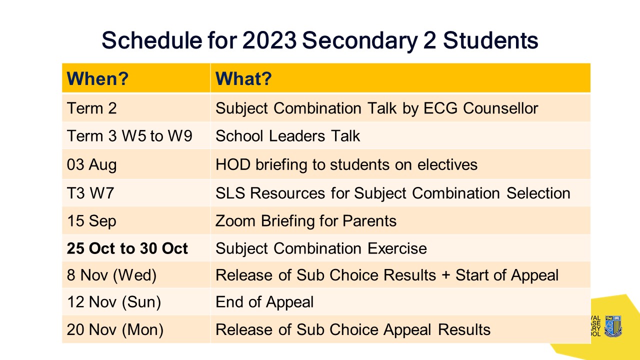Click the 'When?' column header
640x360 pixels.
(x=98, y=78)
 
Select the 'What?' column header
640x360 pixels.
(x=243, y=78)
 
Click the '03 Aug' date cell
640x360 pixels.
(x=91, y=164)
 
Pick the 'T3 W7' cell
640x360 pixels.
(x=90, y=193)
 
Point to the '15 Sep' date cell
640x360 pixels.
(x=91, y=221)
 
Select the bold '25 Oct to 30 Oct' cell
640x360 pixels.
(x=127, y=248)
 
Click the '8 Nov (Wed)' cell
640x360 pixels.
(x=111, y=275)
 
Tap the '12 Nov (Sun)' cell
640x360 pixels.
(x=114, y=302)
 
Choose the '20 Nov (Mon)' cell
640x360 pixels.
(x=115, y=330)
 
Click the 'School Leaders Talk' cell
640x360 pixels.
(x=287, y=136)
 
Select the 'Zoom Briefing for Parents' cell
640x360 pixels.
(x=306, y=221)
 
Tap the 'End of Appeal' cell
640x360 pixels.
(x=264, y=302)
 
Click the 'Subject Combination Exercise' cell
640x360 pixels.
(x=321, y=248)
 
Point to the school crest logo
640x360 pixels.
(x=613, y=325)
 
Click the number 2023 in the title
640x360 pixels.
(x=268, y=40)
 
